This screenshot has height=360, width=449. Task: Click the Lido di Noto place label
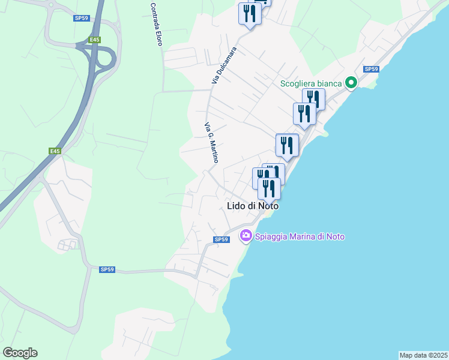coord(253,205)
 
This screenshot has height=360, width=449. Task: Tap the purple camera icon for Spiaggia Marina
coord(246,236)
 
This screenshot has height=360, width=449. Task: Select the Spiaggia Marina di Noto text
coord(300,236)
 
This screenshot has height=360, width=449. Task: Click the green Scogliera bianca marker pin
coord(351,83)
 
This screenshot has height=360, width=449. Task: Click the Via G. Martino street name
coord(212,143)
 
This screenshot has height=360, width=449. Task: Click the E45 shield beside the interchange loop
coord(95,40)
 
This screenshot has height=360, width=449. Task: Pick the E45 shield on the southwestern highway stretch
coord(55,151)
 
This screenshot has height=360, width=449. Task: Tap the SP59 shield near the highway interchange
coord(81,18)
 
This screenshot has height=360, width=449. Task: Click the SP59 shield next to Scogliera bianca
coord(371,69)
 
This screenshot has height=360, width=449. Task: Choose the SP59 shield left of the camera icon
coord(221,239)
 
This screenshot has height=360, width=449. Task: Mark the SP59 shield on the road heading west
coord(107,269)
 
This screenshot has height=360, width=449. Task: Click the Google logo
coord(20,353)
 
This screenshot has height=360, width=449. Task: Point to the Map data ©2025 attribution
coord(423,355)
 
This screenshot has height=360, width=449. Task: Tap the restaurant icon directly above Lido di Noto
coord(269,188)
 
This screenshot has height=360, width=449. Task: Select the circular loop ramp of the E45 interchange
coord(106,58)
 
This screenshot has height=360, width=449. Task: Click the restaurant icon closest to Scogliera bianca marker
coord(313,98)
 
